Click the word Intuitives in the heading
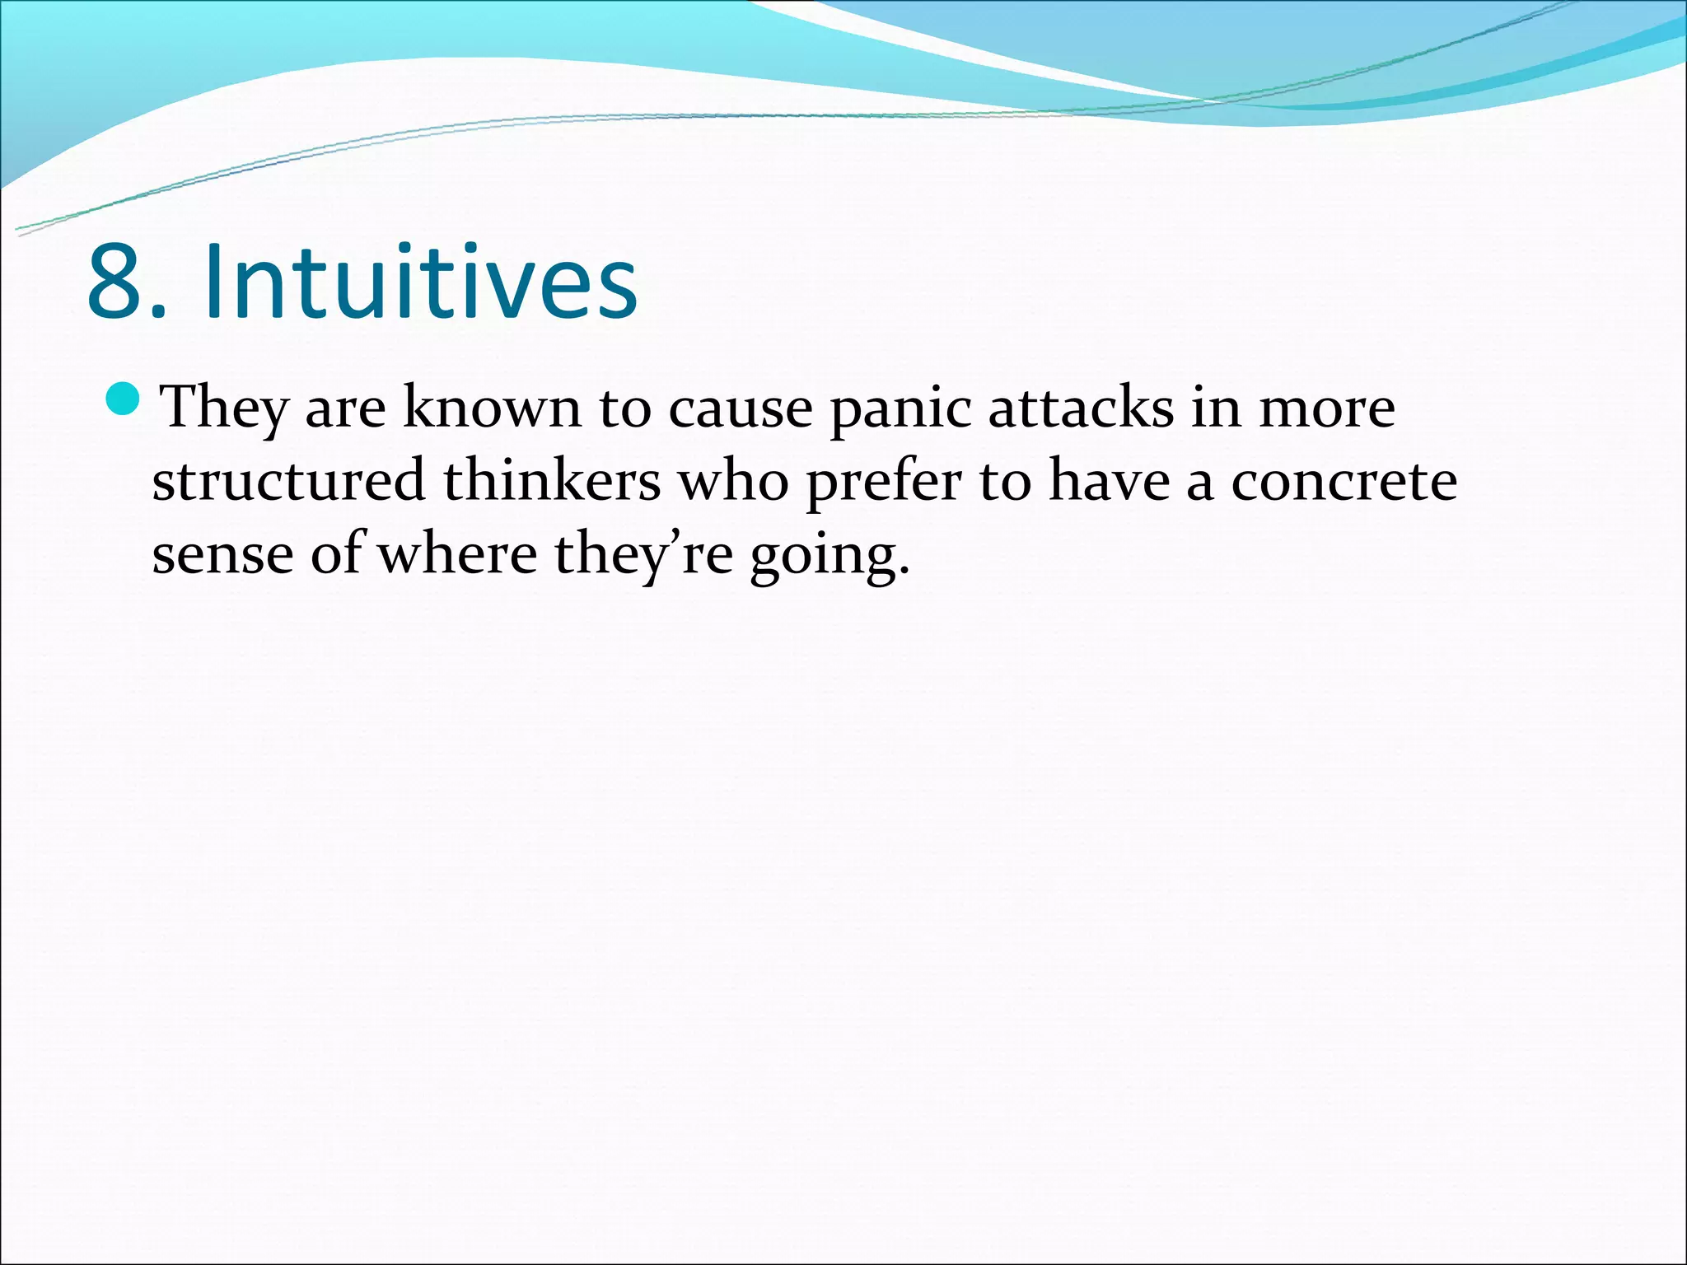pos(420,282)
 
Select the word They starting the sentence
pos(224,408)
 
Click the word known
pos(492,408)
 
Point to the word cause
pos(740,408)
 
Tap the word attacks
pos(1080,408)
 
